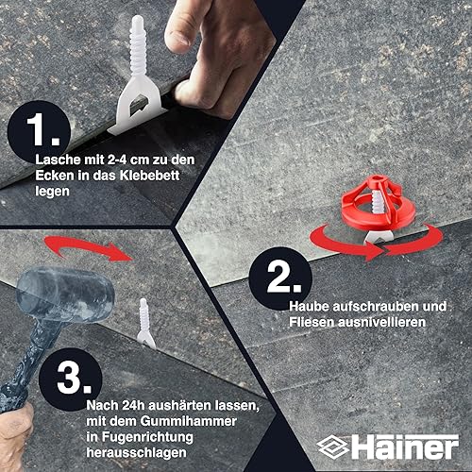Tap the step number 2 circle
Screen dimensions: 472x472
click(x=280, y=278)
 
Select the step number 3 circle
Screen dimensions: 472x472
click(x=71, y=379)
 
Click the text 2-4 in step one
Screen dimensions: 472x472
click(x=117, y=160)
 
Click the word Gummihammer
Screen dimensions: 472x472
click(x=189, y=421)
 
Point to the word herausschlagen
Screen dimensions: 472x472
click(x=137, y=453)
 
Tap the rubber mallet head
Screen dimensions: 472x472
click(x=65, y=295)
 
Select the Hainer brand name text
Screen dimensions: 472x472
click(x=405, y=447)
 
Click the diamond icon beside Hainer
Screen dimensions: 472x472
click(x=333, y=447)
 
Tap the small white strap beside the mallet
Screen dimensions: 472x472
click(x=145, y=323)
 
